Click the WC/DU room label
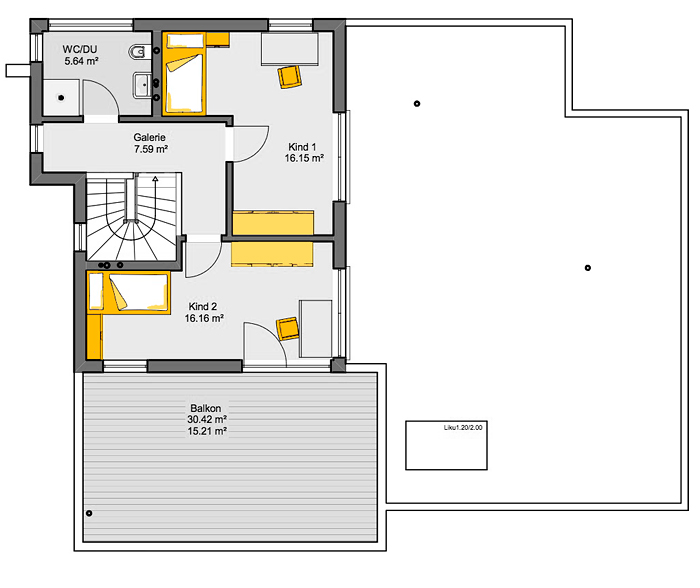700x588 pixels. point(80,49)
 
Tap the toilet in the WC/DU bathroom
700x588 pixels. point(138,52)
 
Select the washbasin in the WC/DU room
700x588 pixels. point(142,85)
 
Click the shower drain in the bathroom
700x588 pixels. point(61,98)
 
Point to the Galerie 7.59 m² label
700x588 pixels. point(150,143)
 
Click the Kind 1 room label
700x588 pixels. point(302,146)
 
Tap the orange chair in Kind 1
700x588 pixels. point(290,77)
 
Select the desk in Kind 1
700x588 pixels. point(290,49)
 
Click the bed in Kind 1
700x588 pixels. point(183,74)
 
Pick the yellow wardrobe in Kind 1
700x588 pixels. point(273,222)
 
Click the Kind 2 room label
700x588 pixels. point(203,306)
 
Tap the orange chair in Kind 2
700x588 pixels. point(288,329)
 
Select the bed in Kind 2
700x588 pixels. point(129,292)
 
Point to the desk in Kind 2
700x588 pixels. point(316,329)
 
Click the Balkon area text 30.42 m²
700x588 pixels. point(207,419)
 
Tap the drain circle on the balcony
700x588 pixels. point(89,513)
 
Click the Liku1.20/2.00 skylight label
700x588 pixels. point(463,427)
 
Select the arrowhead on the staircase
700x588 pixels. point(155,179)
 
